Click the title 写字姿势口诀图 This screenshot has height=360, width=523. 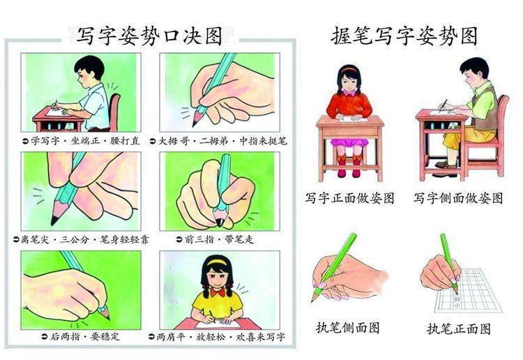[x=150, y=36]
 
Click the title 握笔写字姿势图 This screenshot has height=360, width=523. [x=404, y=36]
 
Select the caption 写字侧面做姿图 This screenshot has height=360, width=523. [x=458, y=198]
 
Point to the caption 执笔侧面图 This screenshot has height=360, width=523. [x=348, y=328]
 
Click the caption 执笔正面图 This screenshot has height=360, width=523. [x=459, y=329]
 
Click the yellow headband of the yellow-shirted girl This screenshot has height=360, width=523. [x=218, y=262]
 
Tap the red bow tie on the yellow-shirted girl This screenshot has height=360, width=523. [x=218, y=293]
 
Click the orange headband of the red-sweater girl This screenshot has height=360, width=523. [x=349, y=69]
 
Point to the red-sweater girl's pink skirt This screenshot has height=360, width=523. [x=349, y=143]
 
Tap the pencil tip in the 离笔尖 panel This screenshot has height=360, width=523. [x=54, y=220]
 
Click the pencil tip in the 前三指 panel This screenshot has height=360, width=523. [x=219, y=223]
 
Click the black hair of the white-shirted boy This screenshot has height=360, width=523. [x=91, y=65]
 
